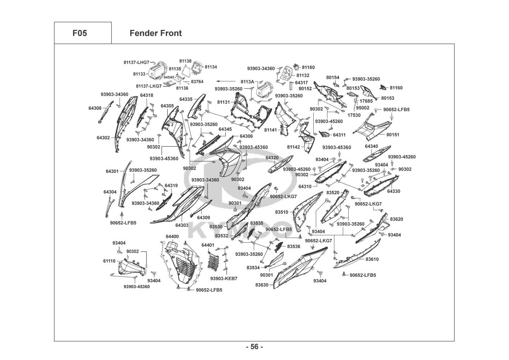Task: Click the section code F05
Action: (80, 33)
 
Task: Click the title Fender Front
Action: (156, 33)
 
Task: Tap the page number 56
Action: (255, 347)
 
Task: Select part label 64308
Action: (95, 108)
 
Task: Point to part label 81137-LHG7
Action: (136, 62)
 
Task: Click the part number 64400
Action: (172, 237)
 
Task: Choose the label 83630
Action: (262, 285)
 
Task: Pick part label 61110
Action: (109, 261)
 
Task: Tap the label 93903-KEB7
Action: (224, 279)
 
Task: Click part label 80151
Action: (393, 135)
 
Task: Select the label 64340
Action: (372, 146)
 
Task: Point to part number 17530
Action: (354, 115)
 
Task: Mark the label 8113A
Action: (247, 82)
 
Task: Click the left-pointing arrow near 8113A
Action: (226, 81)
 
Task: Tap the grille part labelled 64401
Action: (213, 261)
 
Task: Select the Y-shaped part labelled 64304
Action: (109, 207)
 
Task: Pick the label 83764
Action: (197, 82)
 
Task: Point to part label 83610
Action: (372, 259)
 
